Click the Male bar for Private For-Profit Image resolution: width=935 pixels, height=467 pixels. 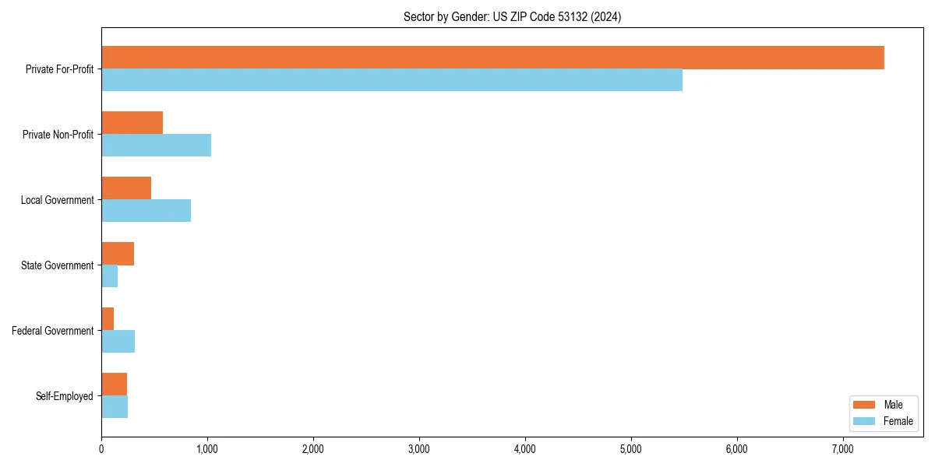(492, 58)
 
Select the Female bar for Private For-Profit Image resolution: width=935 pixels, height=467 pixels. (392, 79)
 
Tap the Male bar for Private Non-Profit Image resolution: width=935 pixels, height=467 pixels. (132, 123)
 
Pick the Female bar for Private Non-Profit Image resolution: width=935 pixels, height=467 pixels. (156, 145)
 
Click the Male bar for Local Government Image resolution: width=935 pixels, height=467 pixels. (126, 188)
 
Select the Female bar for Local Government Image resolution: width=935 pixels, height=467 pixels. (146, 210)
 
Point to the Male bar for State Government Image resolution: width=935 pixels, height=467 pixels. (118, 254)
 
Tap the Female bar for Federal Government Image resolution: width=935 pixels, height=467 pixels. (118, 341)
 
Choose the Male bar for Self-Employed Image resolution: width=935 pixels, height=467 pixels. (114, 384)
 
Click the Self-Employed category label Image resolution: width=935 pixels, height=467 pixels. (65, 396)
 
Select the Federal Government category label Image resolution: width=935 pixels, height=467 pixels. (53, 331)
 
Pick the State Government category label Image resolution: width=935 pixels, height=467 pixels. (57, 265)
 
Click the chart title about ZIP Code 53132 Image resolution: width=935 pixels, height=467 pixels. (512, 16)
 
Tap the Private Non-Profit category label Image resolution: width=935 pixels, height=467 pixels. (58, 135)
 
